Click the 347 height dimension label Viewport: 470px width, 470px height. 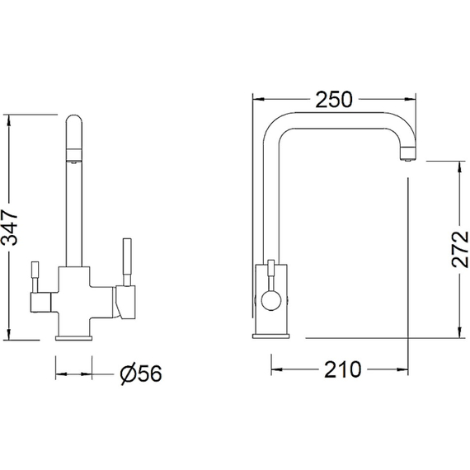[x=9, y=228]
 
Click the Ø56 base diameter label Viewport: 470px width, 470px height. [x=141, y=374]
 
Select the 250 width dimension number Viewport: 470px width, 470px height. [x=334, y=100]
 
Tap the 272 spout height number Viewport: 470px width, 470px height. [x=459, y=249]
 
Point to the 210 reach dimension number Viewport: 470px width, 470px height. [x=343, y=369]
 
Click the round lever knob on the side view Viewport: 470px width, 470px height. [x=271, y=300]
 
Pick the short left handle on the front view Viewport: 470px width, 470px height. [x=35, y=277]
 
